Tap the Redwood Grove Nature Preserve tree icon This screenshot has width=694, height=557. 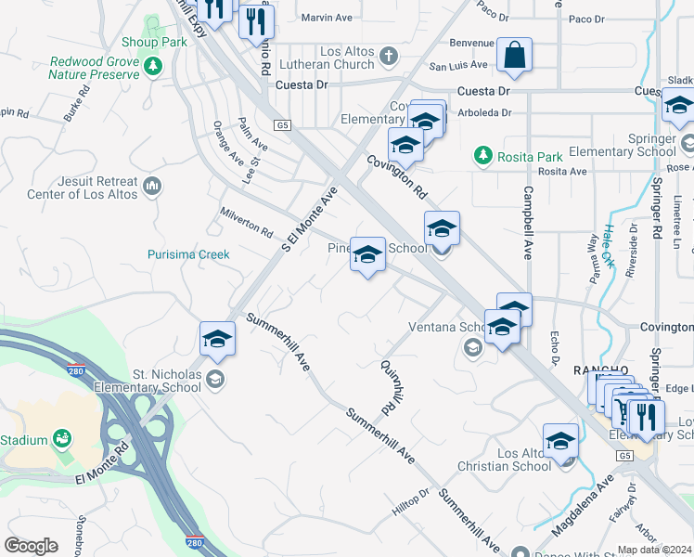154,67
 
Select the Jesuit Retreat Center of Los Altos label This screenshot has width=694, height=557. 83,188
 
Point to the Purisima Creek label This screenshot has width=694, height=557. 188,254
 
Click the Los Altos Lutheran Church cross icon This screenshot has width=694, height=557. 389,58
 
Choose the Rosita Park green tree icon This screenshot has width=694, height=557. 482,154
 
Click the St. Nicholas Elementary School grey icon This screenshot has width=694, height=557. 215,377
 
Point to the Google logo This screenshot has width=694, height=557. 32,546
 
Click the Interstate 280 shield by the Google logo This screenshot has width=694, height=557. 194,540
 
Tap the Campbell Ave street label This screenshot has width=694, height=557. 526,223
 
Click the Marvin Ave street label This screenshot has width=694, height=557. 323,17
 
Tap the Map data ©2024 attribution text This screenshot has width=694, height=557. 654,550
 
